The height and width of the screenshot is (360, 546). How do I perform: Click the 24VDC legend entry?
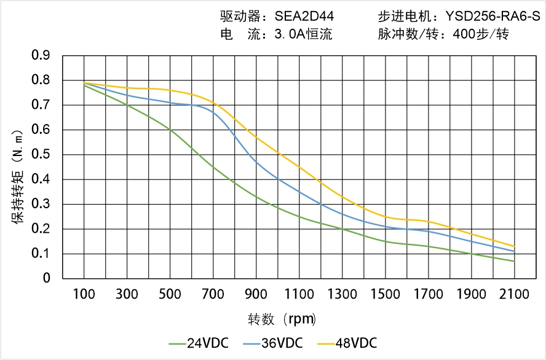tap(199, 343)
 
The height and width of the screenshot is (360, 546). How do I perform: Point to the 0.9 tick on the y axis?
tap(41, 56)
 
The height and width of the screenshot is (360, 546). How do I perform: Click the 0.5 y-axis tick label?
tap(41, 155)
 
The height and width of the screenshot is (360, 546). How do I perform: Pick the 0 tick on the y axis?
tap(47, 278)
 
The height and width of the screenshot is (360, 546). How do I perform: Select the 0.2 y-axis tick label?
tap(41, 229)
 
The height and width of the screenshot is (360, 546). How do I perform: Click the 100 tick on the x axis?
tap(84, 294)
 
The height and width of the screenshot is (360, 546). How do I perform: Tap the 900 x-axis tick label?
tap(256, 294)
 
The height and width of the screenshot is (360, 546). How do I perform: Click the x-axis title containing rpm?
tap(282, 319)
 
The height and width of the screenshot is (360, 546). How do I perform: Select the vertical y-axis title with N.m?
tap(18, 175)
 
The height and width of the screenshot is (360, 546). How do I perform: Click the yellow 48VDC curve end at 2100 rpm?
tap(514, 246)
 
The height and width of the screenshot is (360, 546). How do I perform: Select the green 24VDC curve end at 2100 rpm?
tap(514, 261)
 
